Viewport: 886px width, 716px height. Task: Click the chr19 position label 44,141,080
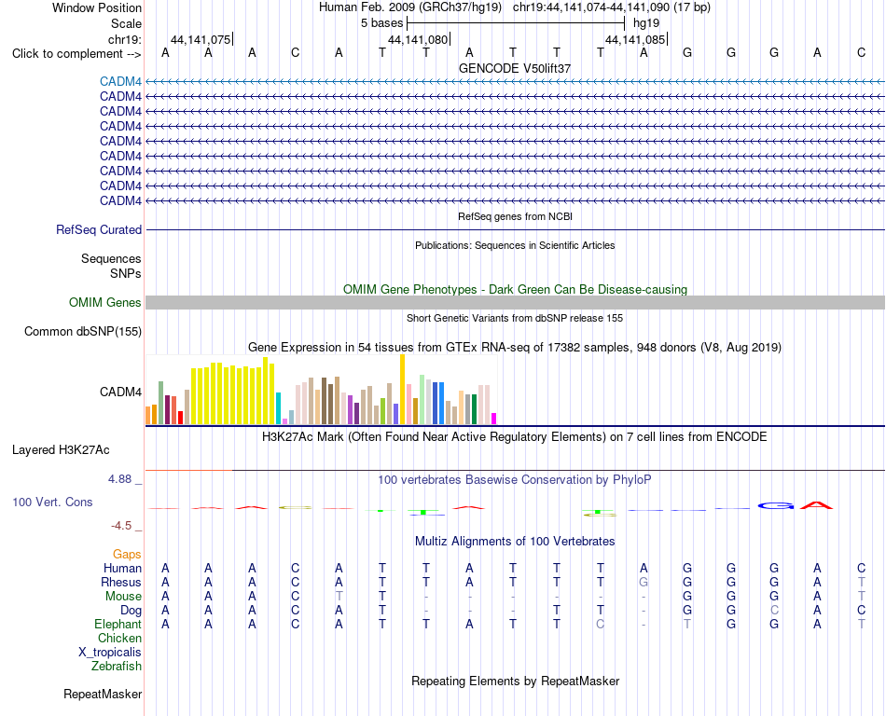418,39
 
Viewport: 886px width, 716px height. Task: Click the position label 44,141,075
201,39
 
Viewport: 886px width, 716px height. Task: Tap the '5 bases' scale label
382,23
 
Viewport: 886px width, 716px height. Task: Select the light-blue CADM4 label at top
120,81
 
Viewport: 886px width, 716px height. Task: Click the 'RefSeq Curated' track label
99,230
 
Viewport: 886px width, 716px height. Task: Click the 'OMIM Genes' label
105,302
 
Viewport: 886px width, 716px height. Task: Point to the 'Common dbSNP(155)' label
83,332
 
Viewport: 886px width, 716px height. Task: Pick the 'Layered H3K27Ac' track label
61,450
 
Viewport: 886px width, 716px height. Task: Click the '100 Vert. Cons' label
52,502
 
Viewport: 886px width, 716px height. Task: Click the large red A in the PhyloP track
817,504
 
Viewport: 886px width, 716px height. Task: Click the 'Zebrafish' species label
117,667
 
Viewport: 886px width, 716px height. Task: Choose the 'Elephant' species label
118,624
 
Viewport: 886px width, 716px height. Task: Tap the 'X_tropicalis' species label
110,653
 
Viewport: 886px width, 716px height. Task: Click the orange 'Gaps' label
127,555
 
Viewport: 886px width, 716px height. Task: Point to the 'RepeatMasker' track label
103,694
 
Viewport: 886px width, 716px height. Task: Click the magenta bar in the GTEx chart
493,419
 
